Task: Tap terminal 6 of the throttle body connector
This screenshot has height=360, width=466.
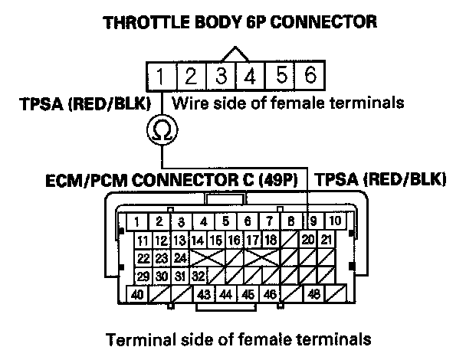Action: [x=310, y=77]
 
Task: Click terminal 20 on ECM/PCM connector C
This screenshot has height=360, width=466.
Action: [x=308, y=240]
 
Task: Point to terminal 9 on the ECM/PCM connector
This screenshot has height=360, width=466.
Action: [x=313, y=222]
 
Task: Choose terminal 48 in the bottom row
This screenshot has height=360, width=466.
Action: [x=313, y=293]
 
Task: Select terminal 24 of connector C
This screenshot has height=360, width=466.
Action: [x=180, y=257]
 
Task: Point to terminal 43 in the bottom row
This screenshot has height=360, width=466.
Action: [x=205, y=293]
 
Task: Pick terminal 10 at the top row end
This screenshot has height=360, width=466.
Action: [x=335, y=222]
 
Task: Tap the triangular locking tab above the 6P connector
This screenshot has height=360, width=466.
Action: [x=235, y=55]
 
